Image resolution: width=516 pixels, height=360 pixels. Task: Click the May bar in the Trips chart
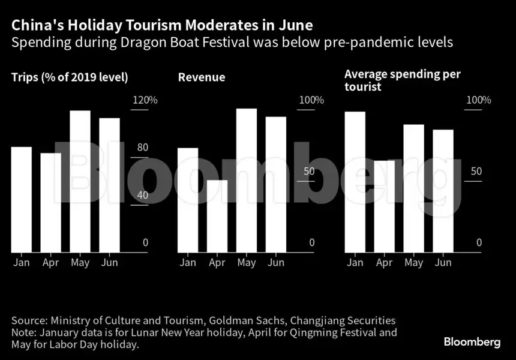[x=80, y=181]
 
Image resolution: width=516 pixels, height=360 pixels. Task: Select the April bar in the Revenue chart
[x=217, y=216]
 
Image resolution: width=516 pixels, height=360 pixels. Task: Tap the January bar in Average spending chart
[x=355, y=182]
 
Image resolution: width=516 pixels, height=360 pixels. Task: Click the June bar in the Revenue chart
[x=275, y=184]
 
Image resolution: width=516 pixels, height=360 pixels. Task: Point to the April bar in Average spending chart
[x=385, y=206]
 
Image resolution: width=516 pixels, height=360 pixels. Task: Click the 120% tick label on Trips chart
[x=145, y=100]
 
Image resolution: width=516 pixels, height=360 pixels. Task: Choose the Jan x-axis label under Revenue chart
[x=188, y=263]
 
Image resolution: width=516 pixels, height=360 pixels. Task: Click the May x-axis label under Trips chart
[x=80, y=263]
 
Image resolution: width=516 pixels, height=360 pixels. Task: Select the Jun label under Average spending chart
[x=442, y=263]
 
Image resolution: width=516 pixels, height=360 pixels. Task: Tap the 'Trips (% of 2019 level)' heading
[x=70, y=77]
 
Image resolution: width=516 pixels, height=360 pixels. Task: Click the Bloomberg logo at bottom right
[x=472, y=342]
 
